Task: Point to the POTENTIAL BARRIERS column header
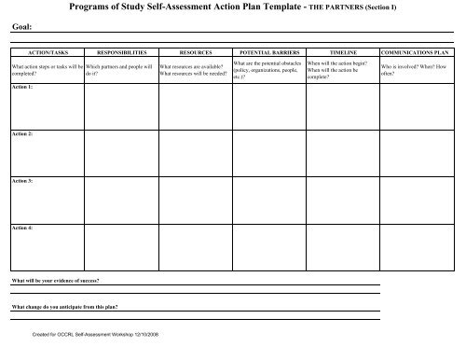pyautogui.click(x=268, y=56)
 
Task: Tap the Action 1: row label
pyautogui.click(x=21, y=87)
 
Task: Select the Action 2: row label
pyautogui.click(x=21, y=134)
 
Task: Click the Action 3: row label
pyautogui.click(x=21, y=181)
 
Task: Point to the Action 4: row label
pyautogui.click(x=21, y=228)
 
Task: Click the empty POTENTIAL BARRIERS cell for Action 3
pyautogui.click(x=268, y=199)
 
